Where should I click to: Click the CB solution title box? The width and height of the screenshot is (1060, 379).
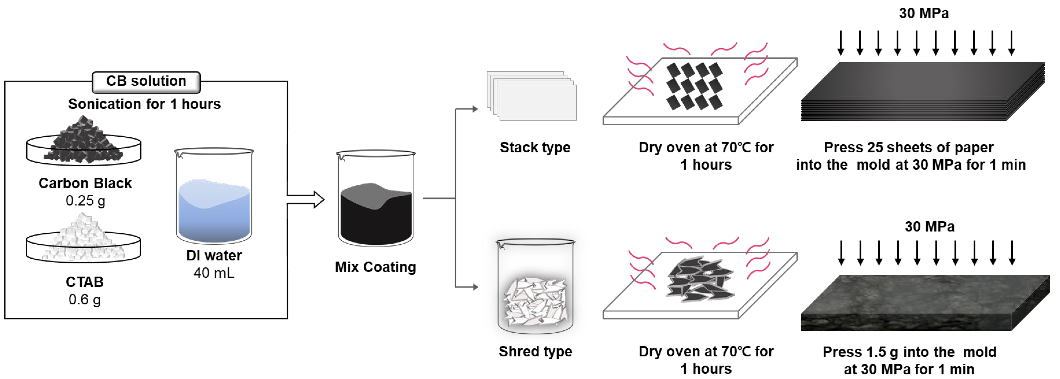pyautogui.click(x=146, y=82)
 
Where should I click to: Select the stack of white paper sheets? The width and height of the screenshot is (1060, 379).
pyautogui.click(x=532, y=96)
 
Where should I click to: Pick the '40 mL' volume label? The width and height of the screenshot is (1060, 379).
pyautogui.click(x=214, y=273)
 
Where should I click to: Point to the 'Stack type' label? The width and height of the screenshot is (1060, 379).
pyautogui.click(x=535, y=147)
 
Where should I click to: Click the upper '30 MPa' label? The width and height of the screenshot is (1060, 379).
pyautogui.click(x=924, y=13)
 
